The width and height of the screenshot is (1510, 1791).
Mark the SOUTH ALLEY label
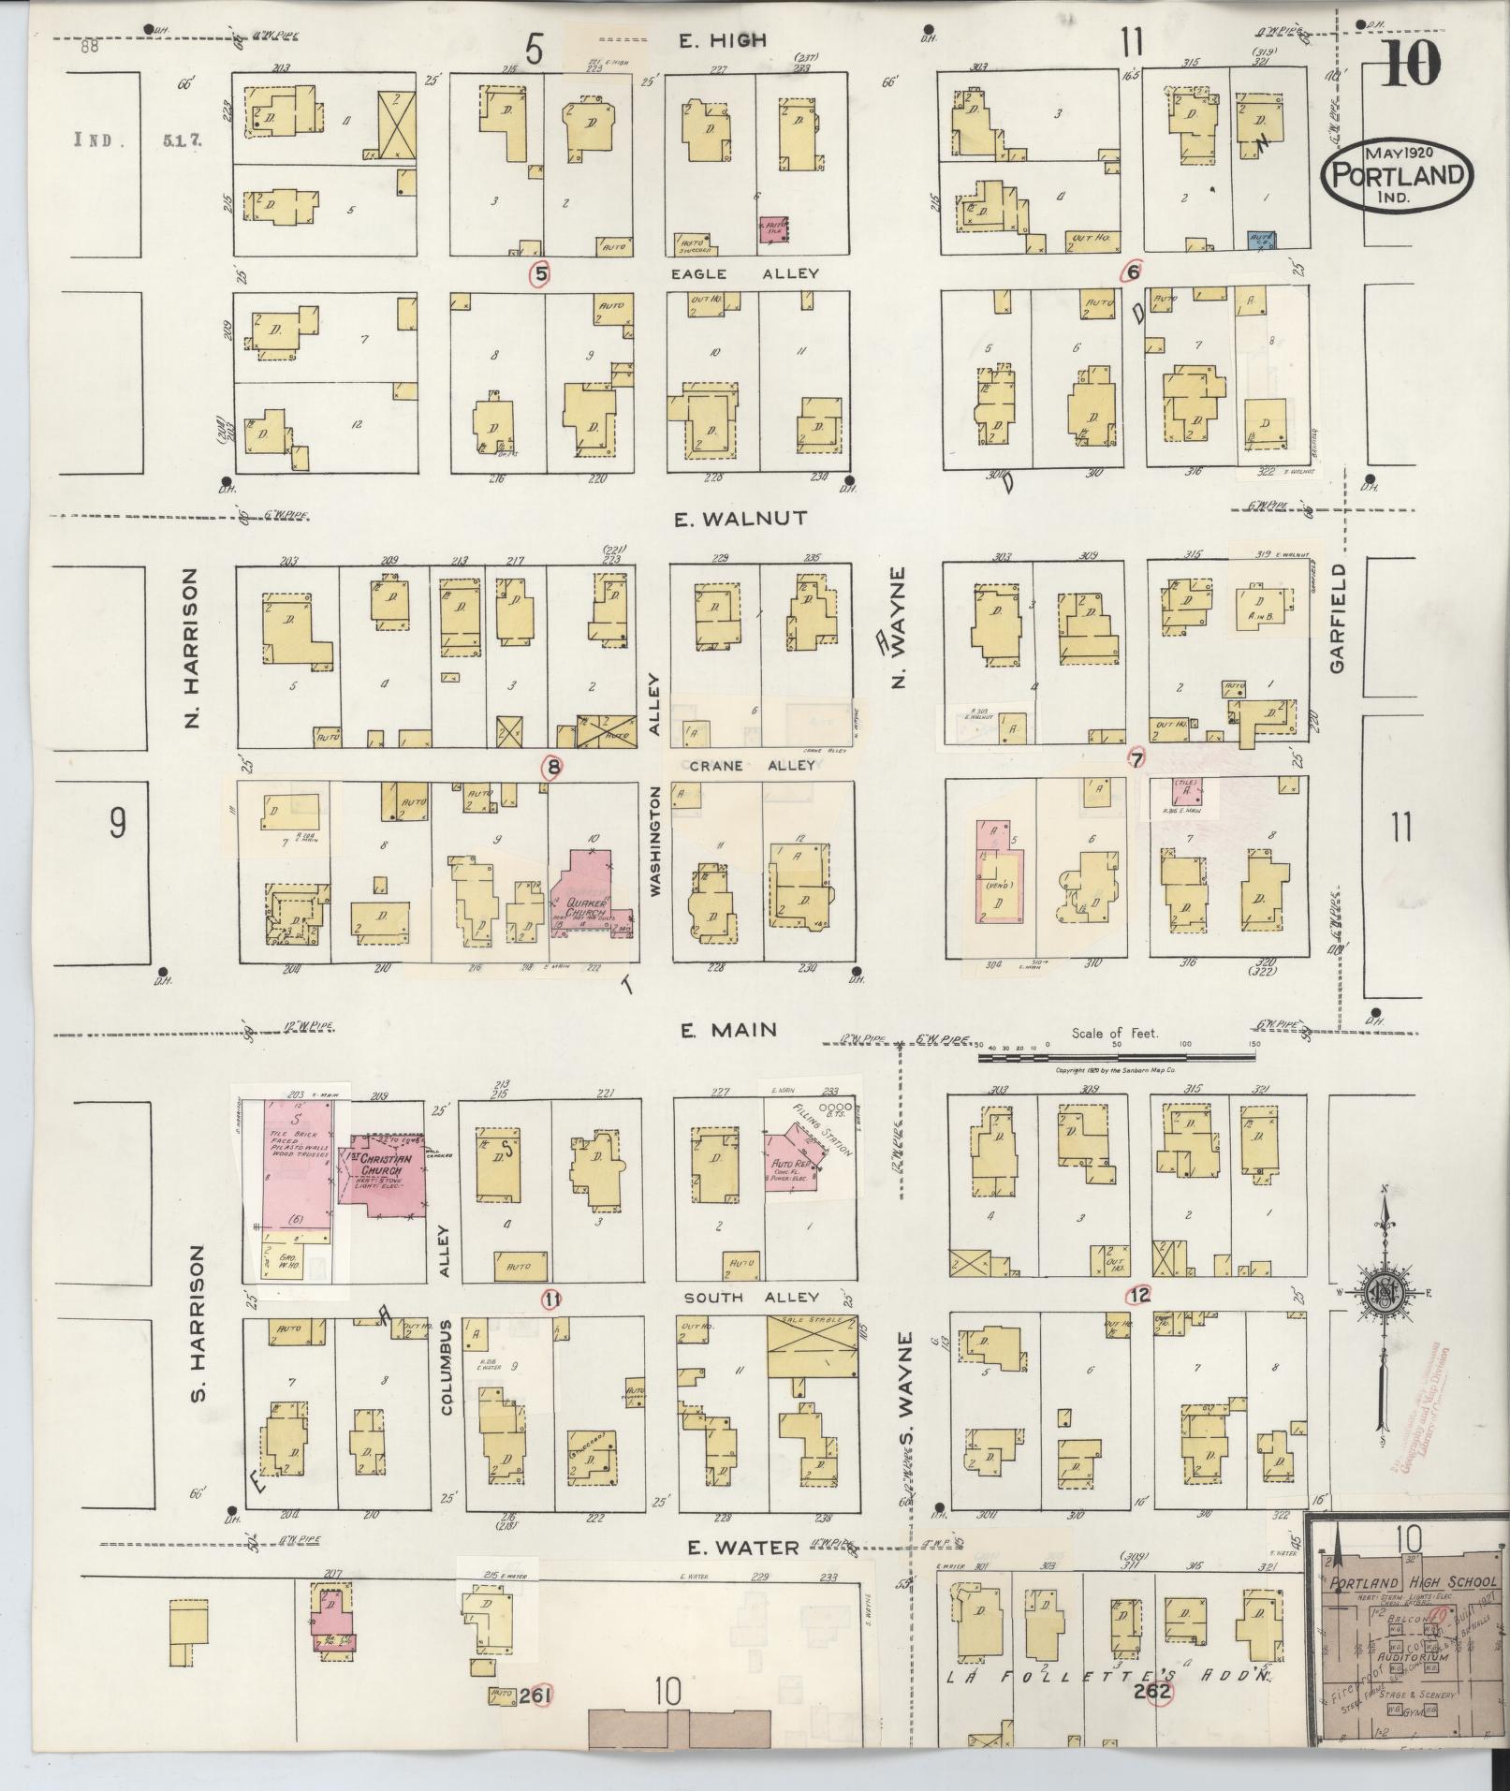(x=752, y=1298)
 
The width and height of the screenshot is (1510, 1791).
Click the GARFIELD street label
(x=1336, y=617)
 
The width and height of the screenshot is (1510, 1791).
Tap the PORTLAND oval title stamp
(x=1397, y=174)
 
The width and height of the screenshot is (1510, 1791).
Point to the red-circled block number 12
(x=1139, y=1296)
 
